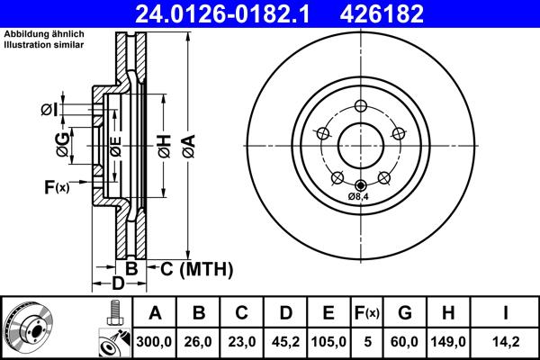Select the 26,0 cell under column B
tap(199, 342)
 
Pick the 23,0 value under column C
tap(242, 342)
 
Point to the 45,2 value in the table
tap(285, 342)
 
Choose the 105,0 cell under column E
tap(329, 342)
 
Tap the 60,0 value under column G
tap(405, 342)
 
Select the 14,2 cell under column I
tap(507, 342)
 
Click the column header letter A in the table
tap(155, 313)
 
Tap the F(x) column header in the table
tap(367, 313)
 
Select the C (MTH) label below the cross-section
tap(196, 268)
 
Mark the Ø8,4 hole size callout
tap(360, 195)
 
